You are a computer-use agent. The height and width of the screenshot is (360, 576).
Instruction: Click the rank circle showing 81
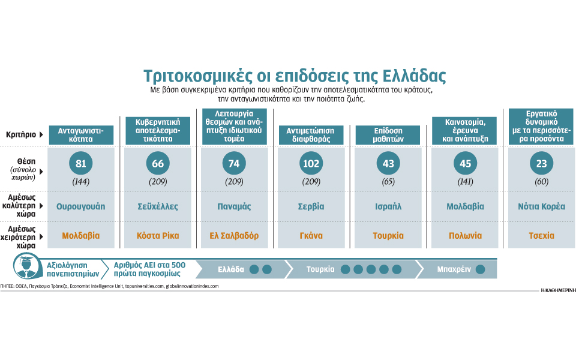81,164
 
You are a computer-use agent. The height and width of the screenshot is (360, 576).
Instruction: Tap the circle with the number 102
310,164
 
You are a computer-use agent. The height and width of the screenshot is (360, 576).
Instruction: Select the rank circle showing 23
541,164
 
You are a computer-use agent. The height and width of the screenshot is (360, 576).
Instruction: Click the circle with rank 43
388,164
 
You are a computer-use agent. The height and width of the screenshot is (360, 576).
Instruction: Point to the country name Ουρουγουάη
81,206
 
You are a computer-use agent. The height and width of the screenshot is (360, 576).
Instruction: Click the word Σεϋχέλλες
158,206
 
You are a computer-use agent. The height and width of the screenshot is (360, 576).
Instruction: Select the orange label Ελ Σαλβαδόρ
234,236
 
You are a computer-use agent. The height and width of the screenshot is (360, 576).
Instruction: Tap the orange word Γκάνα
311,236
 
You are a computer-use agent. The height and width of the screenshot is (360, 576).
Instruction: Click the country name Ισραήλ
388,206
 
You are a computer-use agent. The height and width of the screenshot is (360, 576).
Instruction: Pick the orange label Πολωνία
465,236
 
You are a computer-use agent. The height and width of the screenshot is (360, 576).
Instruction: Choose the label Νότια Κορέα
541,206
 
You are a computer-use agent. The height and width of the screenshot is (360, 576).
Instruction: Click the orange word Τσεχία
541,236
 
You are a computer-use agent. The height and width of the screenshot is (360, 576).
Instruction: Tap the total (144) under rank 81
81,181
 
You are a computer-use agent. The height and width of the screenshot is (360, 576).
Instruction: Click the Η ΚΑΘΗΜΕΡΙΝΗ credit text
557,290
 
